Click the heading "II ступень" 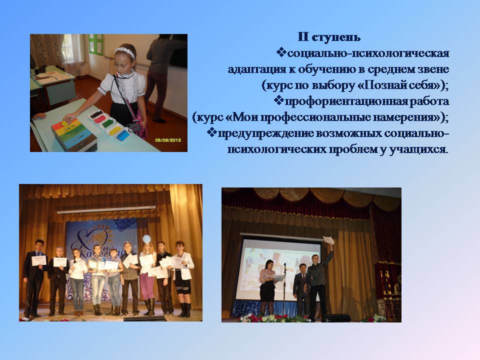[x=329, y=37]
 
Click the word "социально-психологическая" [x=368, y=53]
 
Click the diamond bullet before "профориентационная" [x=278, y=100]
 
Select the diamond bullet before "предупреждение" [x=212, y=132]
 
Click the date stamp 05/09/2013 [x=168, y=140]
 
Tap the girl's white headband [x=124, y=51]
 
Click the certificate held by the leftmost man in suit [x=39, y=260]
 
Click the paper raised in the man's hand [x=328, y=240]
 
